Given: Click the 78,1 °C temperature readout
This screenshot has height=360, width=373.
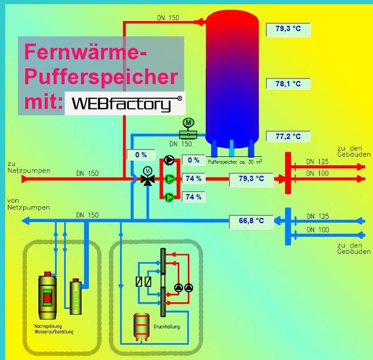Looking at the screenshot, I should coord(288,84).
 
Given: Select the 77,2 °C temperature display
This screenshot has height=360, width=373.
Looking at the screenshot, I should coord(288,136).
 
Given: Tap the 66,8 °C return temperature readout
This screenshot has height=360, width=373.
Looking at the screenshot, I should coord(251,221).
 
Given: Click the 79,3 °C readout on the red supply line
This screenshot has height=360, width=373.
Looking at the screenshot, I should coord(251,179).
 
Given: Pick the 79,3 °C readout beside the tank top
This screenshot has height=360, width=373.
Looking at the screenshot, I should coord(288,28).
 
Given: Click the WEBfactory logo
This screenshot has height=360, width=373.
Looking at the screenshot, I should coord(125,104).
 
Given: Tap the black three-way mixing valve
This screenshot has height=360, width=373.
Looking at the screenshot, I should coord(148,178).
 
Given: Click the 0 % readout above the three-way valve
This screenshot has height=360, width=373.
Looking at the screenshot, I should coord(140,155).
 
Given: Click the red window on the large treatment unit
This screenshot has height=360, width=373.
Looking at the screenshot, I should coord(47,298).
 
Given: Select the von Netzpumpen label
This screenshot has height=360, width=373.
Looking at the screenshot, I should coord(28,204).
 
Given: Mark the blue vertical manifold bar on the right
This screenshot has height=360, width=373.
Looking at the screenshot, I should coord(288,226).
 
